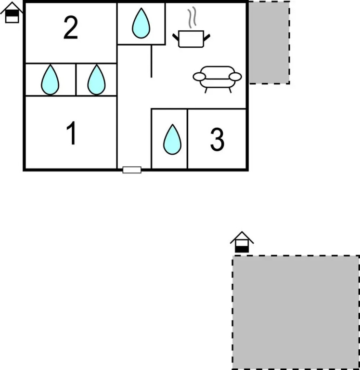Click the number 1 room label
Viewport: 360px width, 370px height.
tap(71, 133)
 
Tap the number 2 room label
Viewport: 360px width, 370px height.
tap(71, 28)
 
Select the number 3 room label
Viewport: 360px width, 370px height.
tap(217, 140)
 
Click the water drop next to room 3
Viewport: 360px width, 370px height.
tap(172, 140)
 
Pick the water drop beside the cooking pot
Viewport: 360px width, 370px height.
tap(141, 23)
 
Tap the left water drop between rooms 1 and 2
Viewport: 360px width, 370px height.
tap(50, 80)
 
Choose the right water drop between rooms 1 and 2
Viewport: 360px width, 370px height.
tap(96, 80)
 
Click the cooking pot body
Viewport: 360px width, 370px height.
tap(192, 39)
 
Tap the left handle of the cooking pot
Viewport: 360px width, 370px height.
tap(176, 36)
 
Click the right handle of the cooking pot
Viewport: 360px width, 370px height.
tap(207, 36)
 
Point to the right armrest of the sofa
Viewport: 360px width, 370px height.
tap(235, 76)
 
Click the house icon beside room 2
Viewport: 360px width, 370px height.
tap(13, 13)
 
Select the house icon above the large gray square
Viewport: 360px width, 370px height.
tap(242, 242)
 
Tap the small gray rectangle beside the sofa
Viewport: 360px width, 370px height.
tap(269, 42)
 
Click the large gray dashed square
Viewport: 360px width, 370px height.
tap(296, 312)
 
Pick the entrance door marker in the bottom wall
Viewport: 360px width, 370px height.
tap(132, 170)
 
